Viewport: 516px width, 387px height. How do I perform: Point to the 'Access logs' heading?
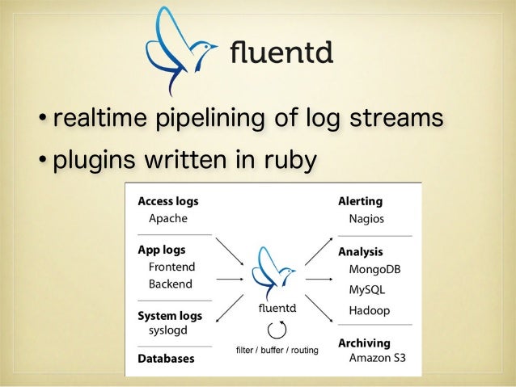(x=168, y=201)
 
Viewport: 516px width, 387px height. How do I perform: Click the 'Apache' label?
(x=167, y=219)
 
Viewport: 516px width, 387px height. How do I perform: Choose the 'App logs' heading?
(x=161, y=250)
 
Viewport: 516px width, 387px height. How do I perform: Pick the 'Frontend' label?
(x=171, y=267)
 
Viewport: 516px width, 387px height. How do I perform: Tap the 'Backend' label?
(x=170, y=284)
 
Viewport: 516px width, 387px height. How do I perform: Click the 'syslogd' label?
(x=168, y=330)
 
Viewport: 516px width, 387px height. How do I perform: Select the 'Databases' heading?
(x=166, y=359)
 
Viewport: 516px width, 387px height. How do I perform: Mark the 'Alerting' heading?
(x=360, y=201)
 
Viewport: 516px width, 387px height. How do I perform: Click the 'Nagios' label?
(x=366, y=219)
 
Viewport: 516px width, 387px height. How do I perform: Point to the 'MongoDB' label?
(x=374, y=269)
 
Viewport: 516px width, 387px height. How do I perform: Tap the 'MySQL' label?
(x=366, y=289)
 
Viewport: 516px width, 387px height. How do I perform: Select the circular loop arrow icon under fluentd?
(x=277, y=329)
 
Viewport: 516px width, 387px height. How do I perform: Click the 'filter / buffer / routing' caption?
(x=277, y=351)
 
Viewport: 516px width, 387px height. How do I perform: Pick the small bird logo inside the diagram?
(x=275, y=273)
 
